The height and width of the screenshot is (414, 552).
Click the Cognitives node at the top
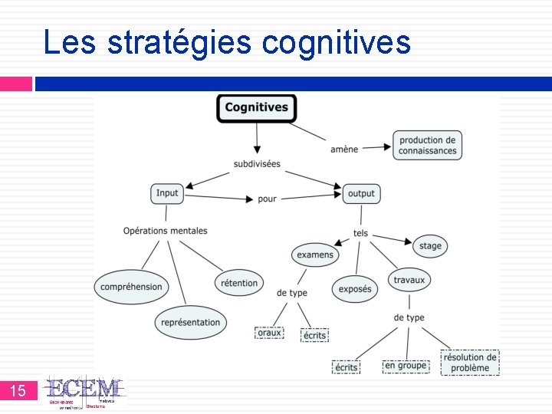point(256,107)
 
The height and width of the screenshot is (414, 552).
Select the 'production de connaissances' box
point(427,145)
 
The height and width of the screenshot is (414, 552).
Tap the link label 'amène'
point(344,149)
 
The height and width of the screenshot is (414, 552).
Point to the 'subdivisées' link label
point(257,164)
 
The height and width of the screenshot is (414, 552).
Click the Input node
point(167,193)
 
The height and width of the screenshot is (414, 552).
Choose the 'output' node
point(361,193)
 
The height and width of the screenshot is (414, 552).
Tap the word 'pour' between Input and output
point(267,199)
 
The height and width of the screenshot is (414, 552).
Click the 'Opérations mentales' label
point(166,231)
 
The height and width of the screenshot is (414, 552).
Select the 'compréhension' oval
point(132,287)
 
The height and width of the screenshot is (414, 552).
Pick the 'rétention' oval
point(239,283)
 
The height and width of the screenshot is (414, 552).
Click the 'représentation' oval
point(191,323)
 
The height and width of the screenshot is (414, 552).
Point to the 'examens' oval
point(315,255)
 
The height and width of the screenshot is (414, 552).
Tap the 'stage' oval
point(431,246)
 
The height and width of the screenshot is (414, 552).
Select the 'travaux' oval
point(409,280)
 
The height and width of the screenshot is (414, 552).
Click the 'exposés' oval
point(355,289)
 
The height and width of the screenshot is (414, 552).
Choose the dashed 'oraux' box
point(269,333)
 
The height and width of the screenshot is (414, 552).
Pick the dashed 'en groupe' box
point(406,366)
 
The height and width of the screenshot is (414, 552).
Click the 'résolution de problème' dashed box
point(470,362)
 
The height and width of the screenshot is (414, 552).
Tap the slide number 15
point(18,391)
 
